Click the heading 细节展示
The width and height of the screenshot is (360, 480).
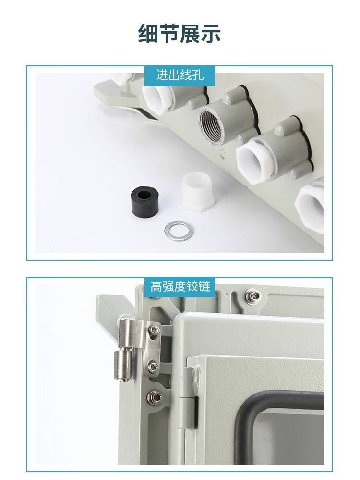pos(180,33)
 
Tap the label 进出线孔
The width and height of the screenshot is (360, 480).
pos(180,75)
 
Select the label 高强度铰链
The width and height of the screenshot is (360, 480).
pos(180,286)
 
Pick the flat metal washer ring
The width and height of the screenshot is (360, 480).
pos(179,230)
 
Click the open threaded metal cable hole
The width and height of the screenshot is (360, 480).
pos(211,125)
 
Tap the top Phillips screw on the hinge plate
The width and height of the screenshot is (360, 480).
pos(154,330)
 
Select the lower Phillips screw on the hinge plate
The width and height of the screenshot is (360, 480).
pos(153,366)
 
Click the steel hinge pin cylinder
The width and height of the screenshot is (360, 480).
pos(124,366)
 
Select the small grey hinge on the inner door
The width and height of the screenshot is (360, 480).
pos(189,397)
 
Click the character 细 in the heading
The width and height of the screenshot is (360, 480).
pos(148,33)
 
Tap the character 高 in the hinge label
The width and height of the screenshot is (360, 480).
pos(156,286)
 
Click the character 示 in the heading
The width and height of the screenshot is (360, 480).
pos(211,33)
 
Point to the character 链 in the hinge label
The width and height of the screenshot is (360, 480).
pos(204,286)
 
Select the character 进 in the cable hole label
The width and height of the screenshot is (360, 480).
pos(162,75)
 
